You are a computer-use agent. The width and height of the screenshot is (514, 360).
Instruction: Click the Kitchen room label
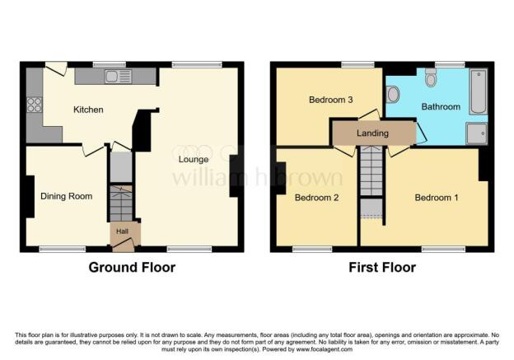click(x=88, y=110)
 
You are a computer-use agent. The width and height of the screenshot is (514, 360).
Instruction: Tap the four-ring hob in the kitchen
click(x=35, y=105)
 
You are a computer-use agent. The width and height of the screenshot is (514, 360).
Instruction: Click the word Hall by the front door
click(x=122, y=231)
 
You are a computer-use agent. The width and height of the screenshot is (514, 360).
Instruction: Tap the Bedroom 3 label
click(x=331, y=100)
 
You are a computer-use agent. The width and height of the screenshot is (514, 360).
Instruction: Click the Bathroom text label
click(x=441, y=107)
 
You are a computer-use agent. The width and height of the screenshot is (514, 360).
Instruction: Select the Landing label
click(x=372, y=133)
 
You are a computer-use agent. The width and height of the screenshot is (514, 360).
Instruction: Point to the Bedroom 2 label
click(x=317, y=198)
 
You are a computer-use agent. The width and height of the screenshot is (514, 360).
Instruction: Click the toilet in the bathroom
click(x=431, y=77)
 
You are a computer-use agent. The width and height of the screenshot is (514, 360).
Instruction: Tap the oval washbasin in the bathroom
click(x=392, y=95)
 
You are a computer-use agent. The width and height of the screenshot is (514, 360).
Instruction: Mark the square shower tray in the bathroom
click(x=476, y=134)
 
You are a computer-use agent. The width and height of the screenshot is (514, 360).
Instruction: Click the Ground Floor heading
click(x=132, y=267)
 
